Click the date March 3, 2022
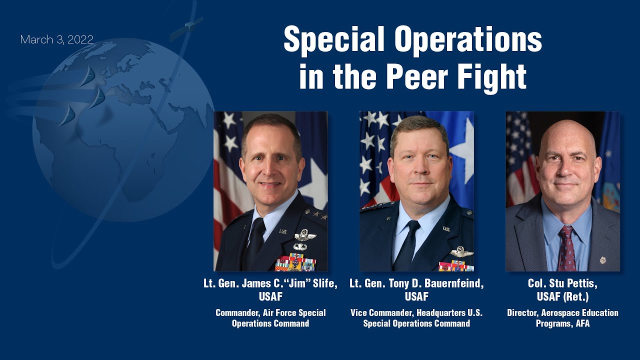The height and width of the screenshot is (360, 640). coord(56,40)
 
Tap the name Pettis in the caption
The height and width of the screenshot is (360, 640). coord(580,284)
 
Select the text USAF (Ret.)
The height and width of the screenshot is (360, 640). coord(562,296)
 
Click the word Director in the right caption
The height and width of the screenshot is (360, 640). coord(523,313)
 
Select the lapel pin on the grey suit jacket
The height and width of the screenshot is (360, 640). coord(602,260)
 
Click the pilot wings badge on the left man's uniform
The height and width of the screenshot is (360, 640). coord(304,235)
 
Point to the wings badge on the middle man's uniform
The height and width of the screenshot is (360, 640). coord(461,252)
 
